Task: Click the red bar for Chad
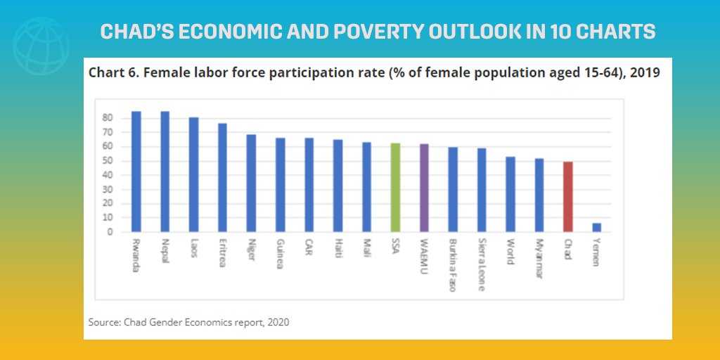coord(568,197)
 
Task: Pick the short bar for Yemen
coord(597,227)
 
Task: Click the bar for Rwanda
coord(136,172)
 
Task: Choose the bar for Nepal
coord(165,172)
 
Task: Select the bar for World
coord(510,194)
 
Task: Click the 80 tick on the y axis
coord(108,118)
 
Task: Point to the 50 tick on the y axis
coord(108,161)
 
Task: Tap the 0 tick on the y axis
coord(110,232)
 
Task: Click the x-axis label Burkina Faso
coord(454,264)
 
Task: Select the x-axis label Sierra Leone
coord(482,264)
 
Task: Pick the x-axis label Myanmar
coord(539,259)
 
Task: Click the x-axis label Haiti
coord(338,249)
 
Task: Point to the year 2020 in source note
coord(276,322)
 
